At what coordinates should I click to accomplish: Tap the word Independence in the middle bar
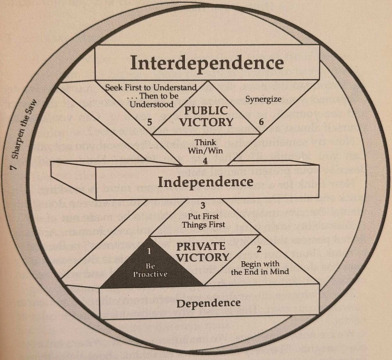(x=205, y=182)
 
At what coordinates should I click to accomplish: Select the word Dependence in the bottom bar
(x=208, y=303)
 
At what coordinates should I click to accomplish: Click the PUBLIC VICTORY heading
(x=206, y=116)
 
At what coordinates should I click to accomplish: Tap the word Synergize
(x=263, y=99)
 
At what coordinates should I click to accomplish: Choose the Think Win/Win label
(x=205, y=147)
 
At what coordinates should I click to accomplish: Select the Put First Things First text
(x=203, y=220)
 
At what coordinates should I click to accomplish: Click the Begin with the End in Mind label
(x=260, y=268)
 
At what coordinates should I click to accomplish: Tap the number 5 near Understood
(x=150, y=122)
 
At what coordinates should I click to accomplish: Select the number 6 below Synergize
(x=261, y=122)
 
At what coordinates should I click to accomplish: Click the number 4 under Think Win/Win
(x=205, y=161)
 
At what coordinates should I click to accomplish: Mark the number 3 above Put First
(x=203, y=205)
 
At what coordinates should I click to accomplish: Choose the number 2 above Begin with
(x=259, y=249)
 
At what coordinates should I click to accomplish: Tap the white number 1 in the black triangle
(x=149, y=251)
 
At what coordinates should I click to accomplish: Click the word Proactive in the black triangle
(x=150, y=274)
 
